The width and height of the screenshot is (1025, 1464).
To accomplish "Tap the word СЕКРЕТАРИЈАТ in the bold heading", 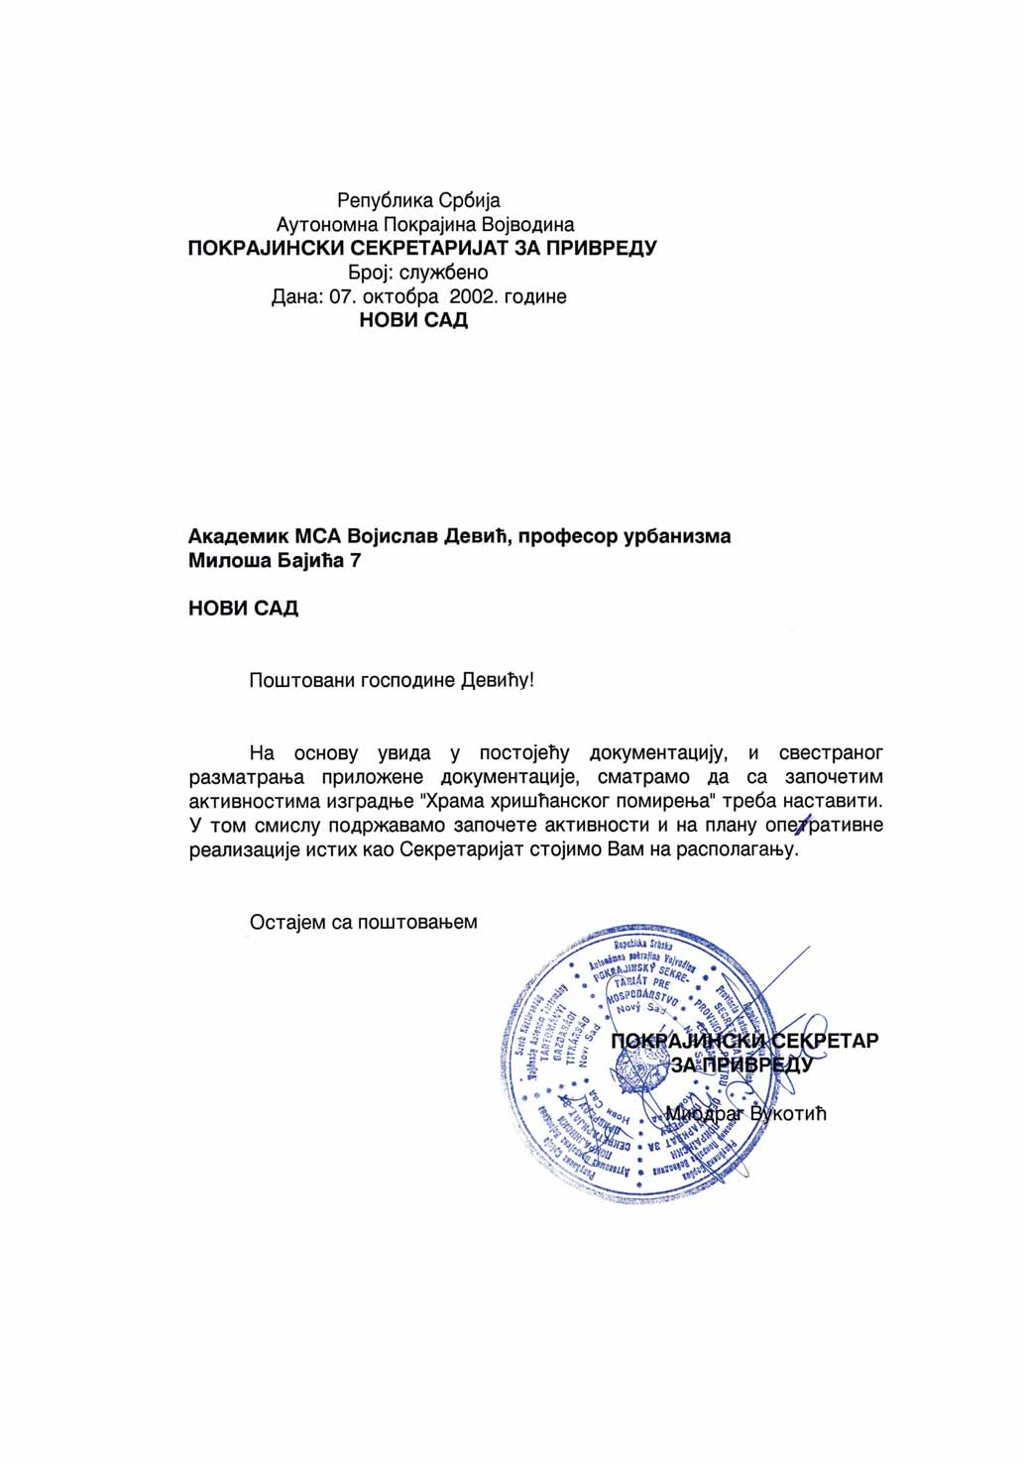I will [x=430, y=248].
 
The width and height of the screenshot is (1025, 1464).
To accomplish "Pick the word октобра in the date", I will [x=400, y=296].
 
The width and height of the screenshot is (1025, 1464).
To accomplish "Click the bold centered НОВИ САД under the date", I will [x=413, y=320].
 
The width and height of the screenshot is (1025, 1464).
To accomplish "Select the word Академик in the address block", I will [x=238, y=537].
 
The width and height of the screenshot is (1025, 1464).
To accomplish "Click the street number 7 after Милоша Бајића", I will [x=356, y=561].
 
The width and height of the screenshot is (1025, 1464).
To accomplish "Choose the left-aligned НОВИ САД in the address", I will [x=243, y=609].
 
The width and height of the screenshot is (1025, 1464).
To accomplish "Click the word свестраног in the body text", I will [x=831, y=753].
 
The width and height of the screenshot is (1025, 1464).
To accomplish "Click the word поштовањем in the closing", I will [x=417, y=923].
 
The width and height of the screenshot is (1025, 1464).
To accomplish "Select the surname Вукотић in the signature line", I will [x=788, y=1114].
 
